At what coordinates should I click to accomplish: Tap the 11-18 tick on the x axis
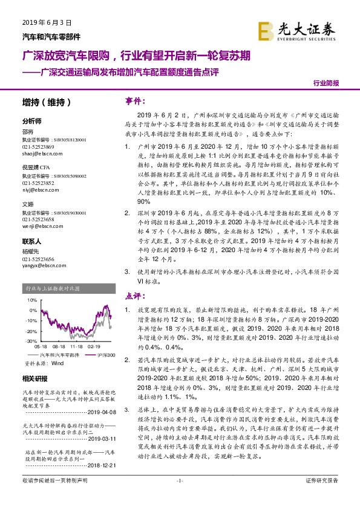click(x=76, y=347)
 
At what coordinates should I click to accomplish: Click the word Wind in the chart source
click(x=57, y=364)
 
